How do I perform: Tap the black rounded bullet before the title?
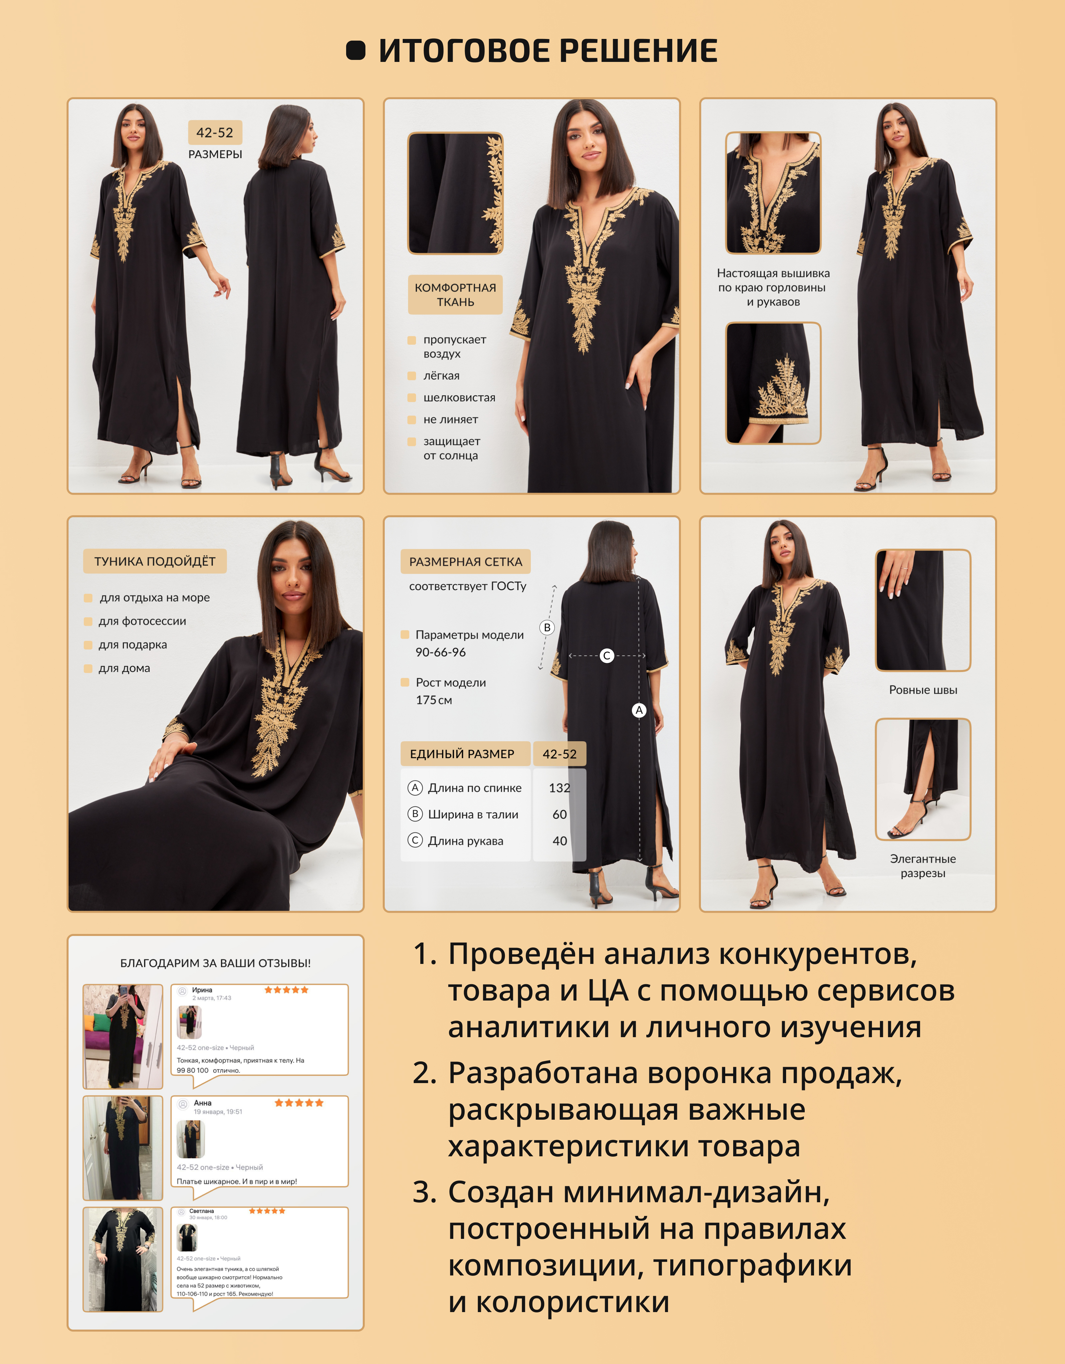pos(355,51)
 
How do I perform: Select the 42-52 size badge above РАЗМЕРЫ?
pos(215,132)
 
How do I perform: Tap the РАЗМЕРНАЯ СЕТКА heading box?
pos(466,562)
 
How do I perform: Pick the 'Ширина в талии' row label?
pos(473,814)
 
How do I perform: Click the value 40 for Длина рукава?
pos(560,841)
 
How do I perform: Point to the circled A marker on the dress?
pos(639,710)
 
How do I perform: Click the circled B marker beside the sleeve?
pos(547,627)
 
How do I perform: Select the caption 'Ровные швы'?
pos(923,690)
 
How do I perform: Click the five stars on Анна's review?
pos(299,1103)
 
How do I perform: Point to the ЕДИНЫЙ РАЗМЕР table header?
pos(462,754)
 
